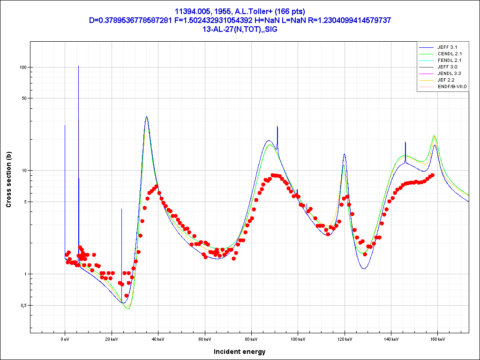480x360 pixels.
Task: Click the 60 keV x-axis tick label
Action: (x=204, y=338)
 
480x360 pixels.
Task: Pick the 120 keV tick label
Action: (x=344, y=338)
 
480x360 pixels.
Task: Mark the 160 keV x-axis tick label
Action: (x=437, y=338)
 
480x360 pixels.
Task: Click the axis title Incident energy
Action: (x=240, y=352)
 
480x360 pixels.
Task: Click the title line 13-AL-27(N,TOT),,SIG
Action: (x=240, y=29)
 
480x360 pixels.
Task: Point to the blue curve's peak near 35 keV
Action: (x=147, y=117)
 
